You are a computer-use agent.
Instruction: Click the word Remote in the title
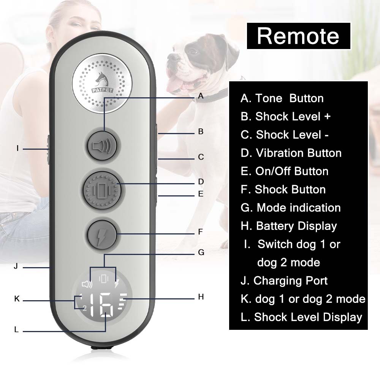(x=298, y=36)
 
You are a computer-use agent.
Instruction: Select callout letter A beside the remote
(x=201, y=97)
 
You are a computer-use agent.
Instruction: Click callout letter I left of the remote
(x=17, y=149)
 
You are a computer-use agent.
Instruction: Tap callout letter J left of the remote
(x=16, y=266)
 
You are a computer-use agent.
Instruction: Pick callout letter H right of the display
(x=201, y=297)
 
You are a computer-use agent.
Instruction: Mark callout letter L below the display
(x=16, y=330)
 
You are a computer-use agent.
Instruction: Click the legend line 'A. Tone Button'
(x=282, y=98)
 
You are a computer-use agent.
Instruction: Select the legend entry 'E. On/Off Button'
(x=285, y=171)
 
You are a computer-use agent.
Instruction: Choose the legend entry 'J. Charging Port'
(x=284, y=281)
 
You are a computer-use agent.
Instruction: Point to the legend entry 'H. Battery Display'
(x=289, y=226)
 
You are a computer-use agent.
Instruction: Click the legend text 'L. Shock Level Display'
(x=301, y=317)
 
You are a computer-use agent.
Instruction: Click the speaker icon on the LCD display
(x=87, y=284)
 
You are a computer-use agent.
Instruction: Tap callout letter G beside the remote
(x=201, y=252)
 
